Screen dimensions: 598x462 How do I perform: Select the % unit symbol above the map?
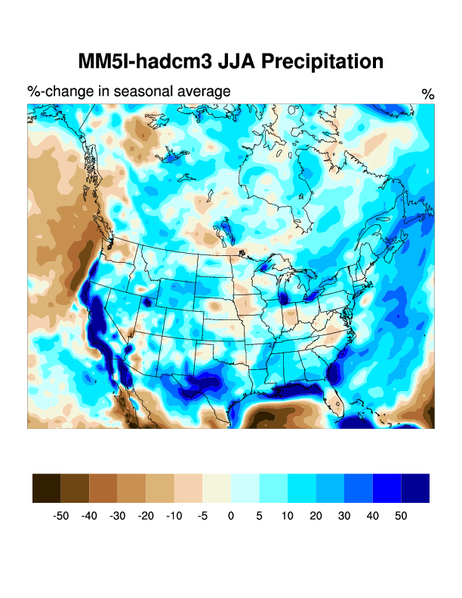427,94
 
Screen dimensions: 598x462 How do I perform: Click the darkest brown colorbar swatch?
47,488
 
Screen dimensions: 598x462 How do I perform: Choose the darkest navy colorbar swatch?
415,488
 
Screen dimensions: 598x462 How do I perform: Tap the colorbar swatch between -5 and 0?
217,488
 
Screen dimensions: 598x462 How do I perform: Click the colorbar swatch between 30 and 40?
359,488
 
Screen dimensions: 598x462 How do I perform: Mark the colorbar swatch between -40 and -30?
103,488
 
